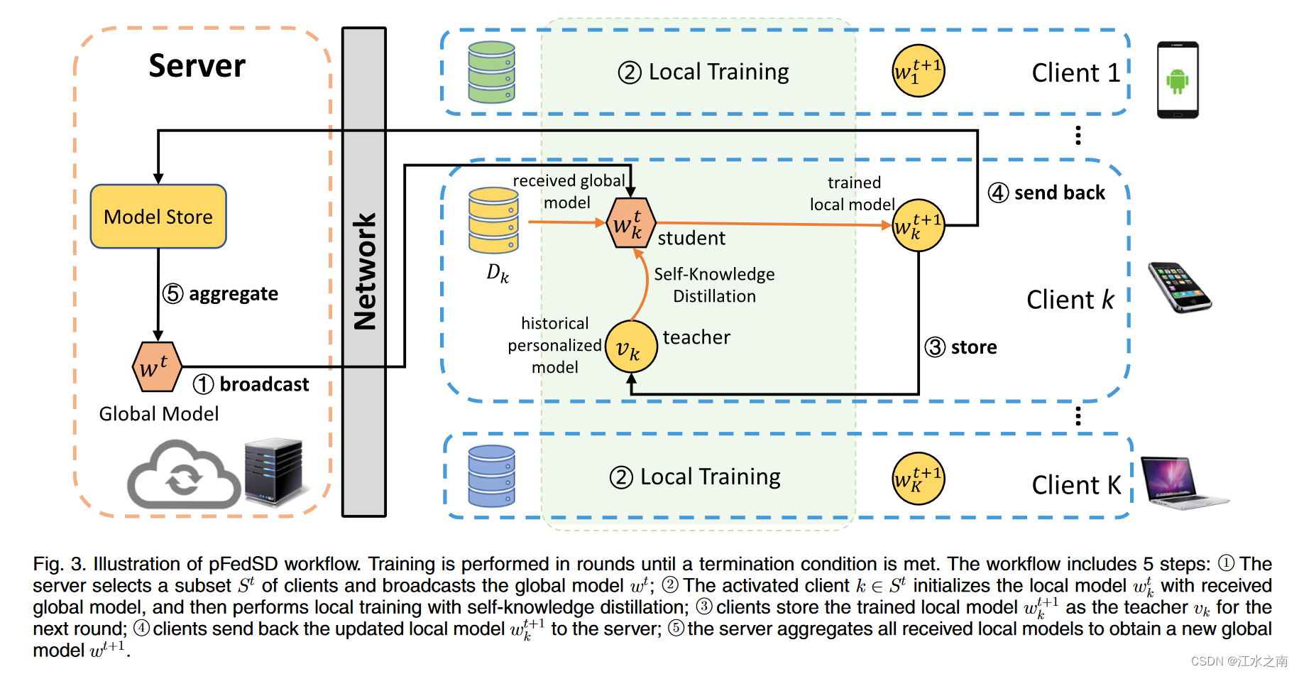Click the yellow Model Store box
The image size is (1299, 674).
158,217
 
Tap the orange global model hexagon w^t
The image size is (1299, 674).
157,366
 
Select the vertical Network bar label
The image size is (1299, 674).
364,272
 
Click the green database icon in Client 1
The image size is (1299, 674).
491,72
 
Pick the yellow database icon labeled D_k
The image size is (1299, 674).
493,220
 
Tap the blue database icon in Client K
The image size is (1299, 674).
491,476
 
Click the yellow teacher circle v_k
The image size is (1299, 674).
631,347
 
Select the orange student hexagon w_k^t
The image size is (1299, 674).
630,223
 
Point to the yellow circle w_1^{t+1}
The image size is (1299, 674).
918,71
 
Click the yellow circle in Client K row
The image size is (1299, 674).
918,479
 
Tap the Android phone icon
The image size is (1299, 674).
1178,80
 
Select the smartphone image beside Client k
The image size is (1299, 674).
1179,287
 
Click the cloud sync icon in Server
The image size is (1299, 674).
184,476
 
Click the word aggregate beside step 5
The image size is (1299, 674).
233,294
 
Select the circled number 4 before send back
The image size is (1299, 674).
998,192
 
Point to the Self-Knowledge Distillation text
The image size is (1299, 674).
714,285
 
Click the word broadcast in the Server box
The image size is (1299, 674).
264,384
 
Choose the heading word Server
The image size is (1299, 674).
197,66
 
